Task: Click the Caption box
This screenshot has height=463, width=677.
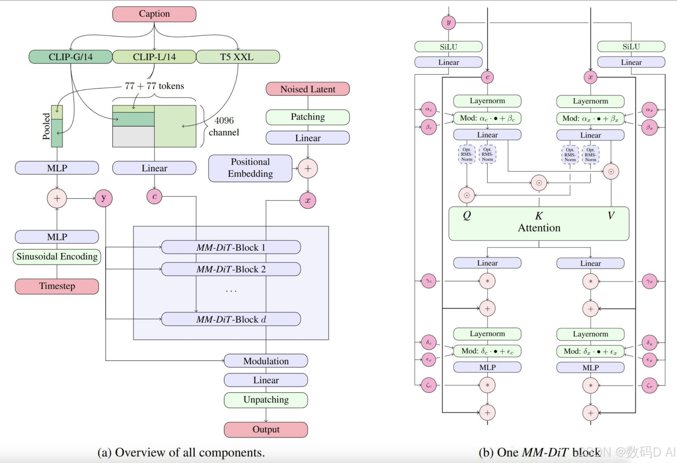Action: click(154, 14)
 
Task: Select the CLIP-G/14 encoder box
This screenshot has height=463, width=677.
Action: click(70, 57)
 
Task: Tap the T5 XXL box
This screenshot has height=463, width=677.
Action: click(238, 57)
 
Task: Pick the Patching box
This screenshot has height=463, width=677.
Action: click(308, 117)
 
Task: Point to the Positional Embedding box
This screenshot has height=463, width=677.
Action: click(250, 168)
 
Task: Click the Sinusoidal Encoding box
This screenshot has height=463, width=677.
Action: click(57, 257)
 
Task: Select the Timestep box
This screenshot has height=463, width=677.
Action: click(57, 286)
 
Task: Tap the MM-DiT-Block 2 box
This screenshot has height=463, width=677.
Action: click(231, 269)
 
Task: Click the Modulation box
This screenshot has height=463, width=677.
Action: click(266, 361)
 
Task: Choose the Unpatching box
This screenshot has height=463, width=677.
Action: click(266, 400)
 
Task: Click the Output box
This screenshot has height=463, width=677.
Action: click(266, 430)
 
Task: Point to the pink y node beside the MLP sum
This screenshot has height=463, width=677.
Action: click(103, 198)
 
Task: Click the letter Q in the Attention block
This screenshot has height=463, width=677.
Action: click(467, 215)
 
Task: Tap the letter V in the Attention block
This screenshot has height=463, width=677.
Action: click(611, 215)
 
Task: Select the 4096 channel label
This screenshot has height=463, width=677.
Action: click(224, 126)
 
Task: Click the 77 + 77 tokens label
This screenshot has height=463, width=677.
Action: click(154, 86)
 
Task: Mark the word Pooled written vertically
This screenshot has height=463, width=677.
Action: click(46, 126)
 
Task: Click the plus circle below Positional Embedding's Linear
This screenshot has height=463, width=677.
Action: click(308, 168)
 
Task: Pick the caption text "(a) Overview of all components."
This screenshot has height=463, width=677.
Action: click(181, 452)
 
